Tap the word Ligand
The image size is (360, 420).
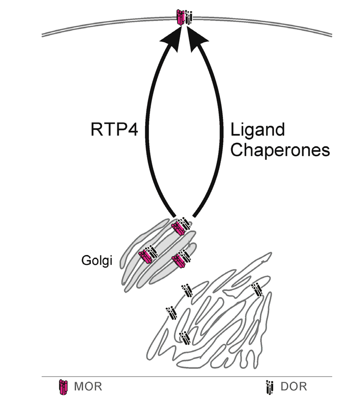point(257,130)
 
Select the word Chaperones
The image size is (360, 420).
point(280,150)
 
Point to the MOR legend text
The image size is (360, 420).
point(88,387)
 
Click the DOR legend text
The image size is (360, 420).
point(294,387)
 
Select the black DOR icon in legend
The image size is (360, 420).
point(270,387)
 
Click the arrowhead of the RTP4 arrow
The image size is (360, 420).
point(172,38)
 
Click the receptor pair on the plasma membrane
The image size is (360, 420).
point(184,17)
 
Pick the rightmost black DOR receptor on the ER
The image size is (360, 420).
point(257,290)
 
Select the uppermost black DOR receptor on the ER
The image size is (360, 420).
point(187,290)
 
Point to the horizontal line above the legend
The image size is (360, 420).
point(186,376)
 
